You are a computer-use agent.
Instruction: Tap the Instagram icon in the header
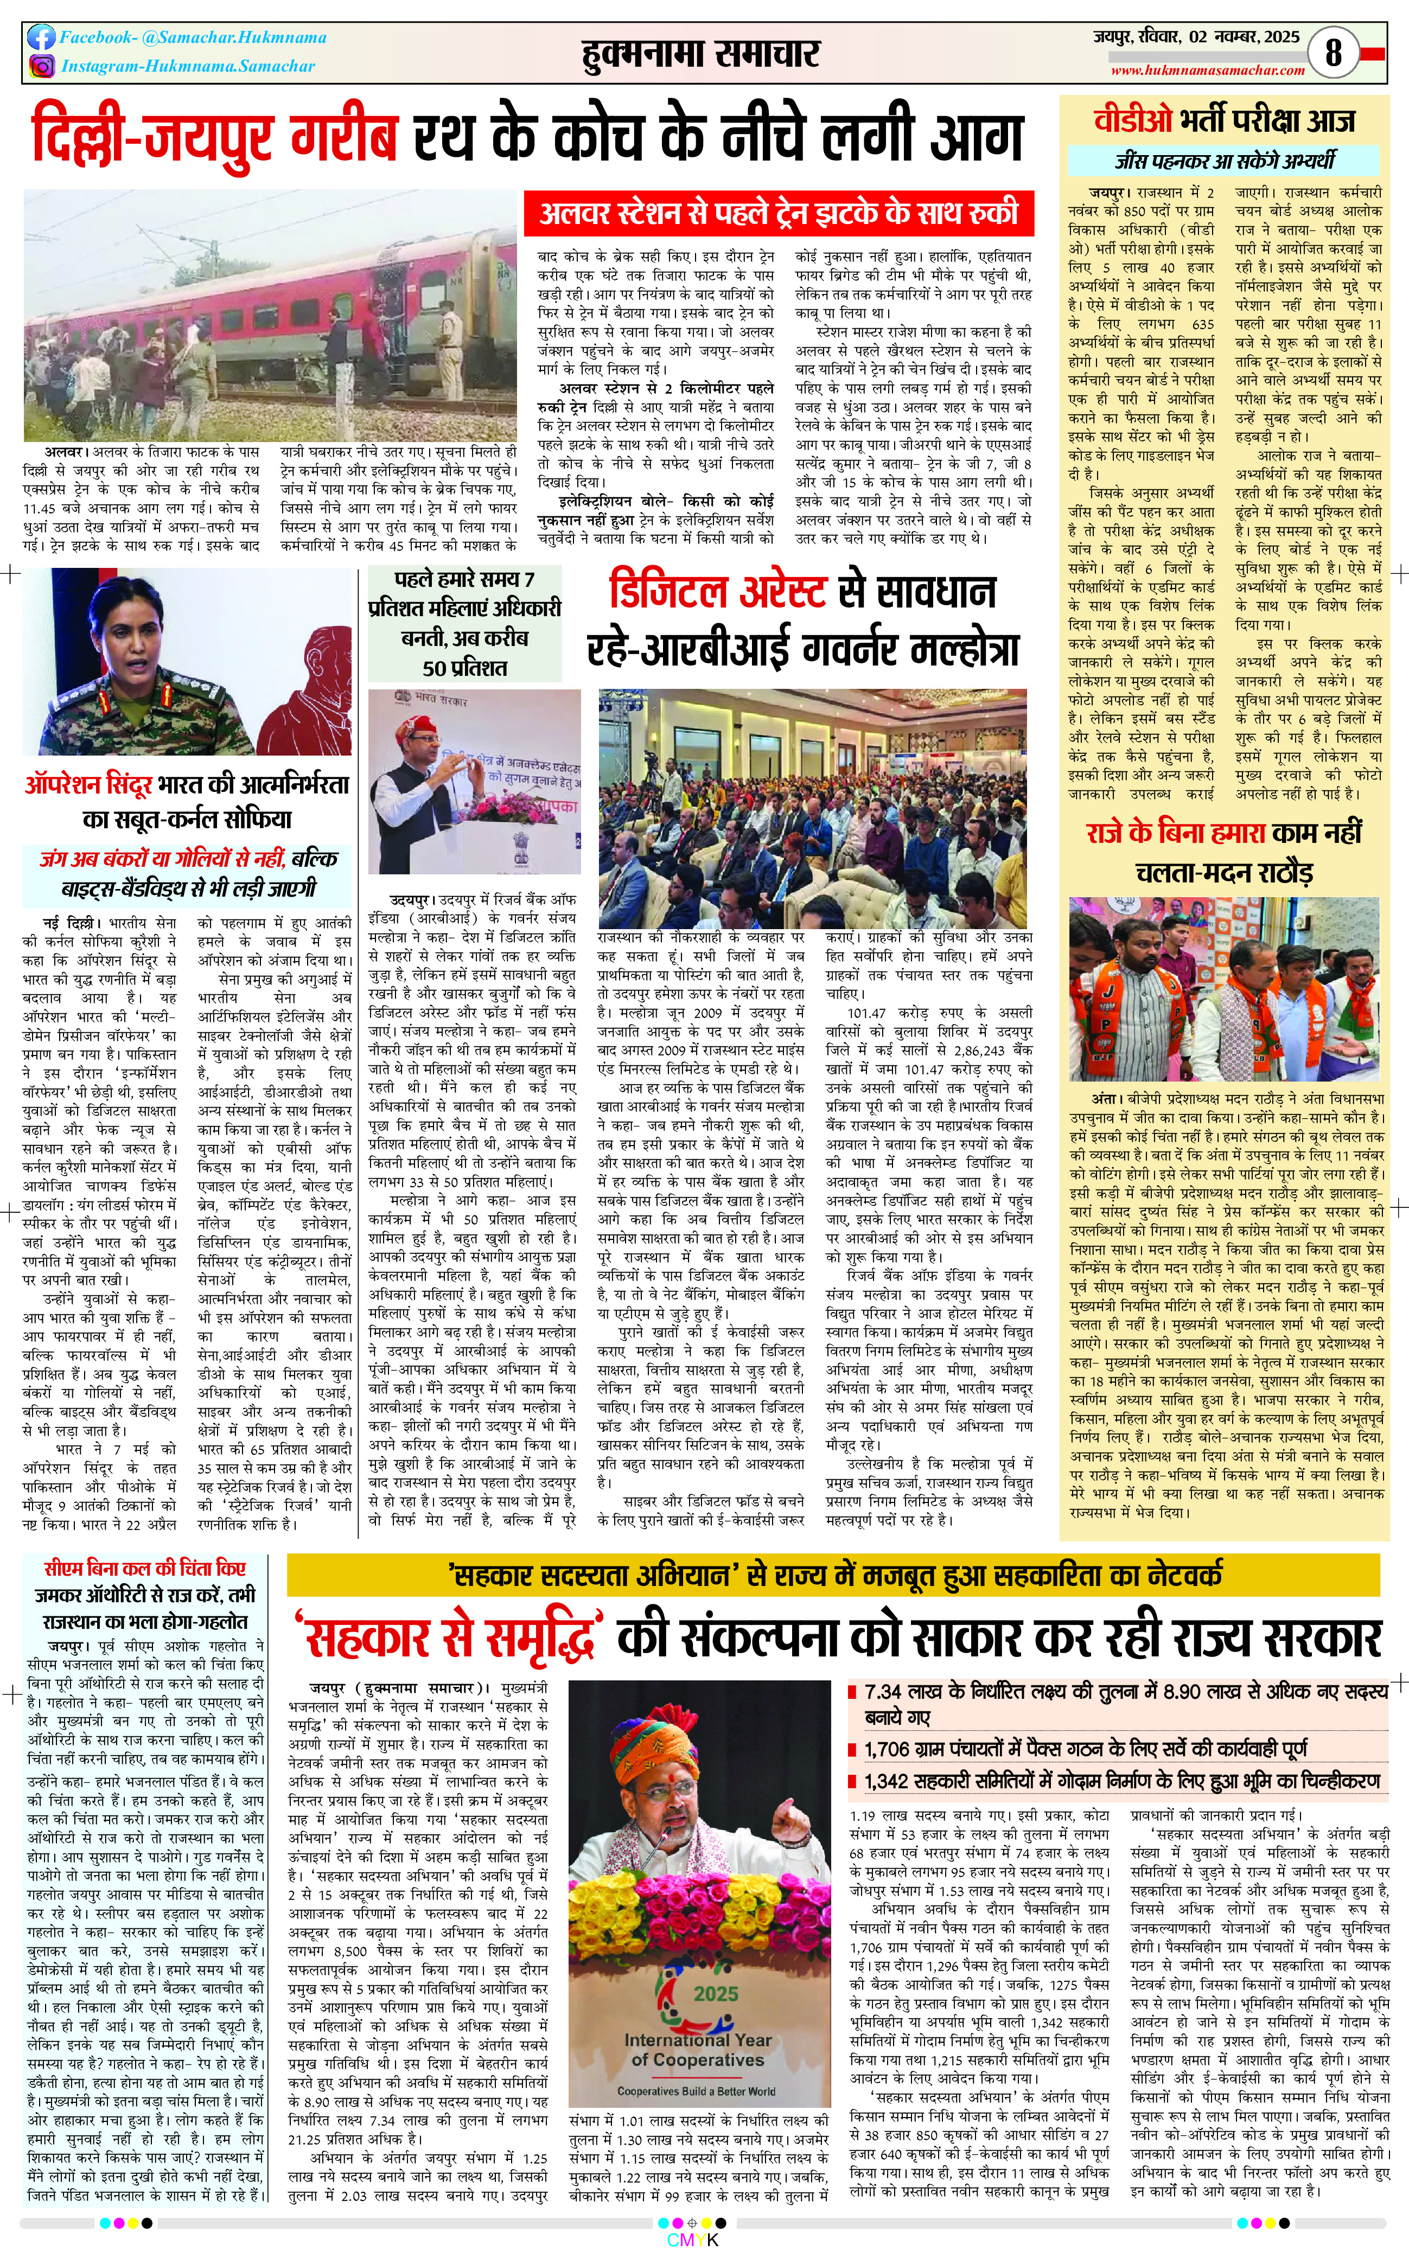point(41,66)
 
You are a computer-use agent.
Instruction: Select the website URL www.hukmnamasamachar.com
point(1208,70)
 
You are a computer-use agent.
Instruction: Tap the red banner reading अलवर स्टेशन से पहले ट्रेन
point(779,213)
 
